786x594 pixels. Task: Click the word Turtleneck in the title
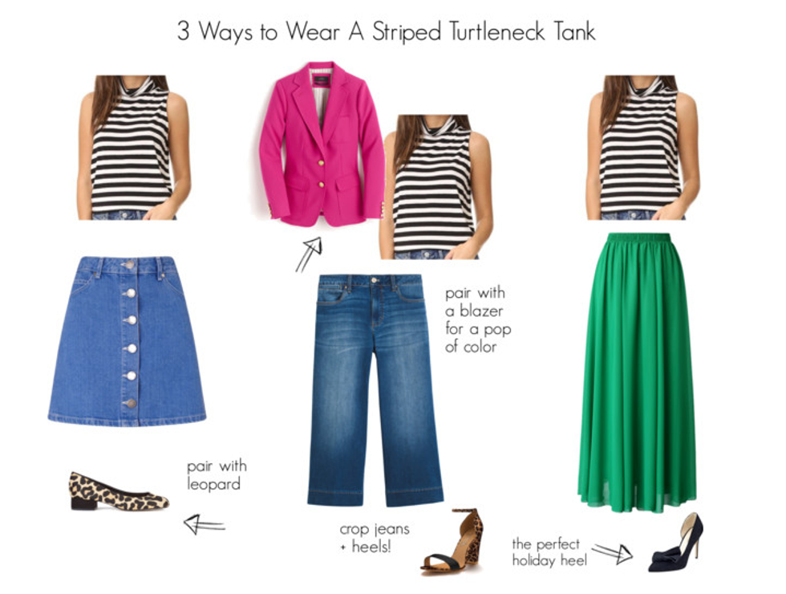tap(496, 31)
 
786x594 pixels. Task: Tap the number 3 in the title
tap(184, 31)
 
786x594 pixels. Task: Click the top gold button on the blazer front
tap(321, 163)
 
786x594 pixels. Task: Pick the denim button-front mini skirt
tap(127, 341)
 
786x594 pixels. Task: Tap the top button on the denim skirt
tap(129, 264)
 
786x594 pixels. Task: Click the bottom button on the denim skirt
tap(130, 402)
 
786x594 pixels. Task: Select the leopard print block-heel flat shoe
tap(119, 491)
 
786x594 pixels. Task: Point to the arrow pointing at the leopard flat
tap(204, 525)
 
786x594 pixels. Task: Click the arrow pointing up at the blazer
tap(308, 254)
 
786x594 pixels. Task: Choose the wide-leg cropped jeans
tap(375, 390)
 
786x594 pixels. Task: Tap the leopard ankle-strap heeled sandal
tap(453, 541)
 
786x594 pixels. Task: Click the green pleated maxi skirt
tap(638, 372)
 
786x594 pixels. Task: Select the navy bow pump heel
tap(676, 543)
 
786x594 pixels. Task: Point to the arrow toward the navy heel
tap(612, 552)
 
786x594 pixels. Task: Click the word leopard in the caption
tap(213, 484)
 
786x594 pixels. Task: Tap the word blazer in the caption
tap(481, 311)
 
